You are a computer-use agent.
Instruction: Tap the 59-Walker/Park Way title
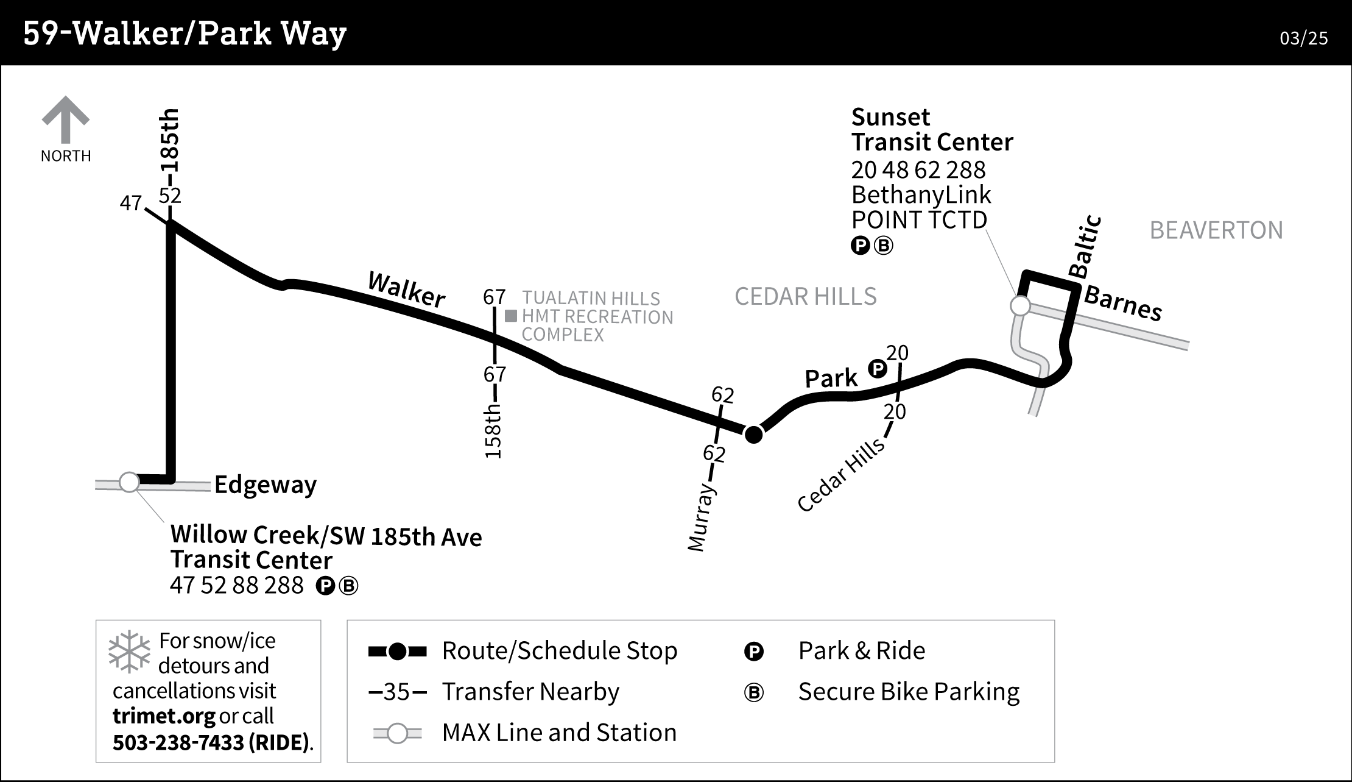tap(185, 34)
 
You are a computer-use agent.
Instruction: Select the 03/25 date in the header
tap(1303, 38)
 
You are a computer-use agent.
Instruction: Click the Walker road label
tap(406, 290)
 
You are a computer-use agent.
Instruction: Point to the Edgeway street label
tap(266, 485)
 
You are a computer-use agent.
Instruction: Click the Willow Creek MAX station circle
tap(129, 482)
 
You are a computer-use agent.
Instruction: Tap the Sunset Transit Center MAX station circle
tap(1020, 305)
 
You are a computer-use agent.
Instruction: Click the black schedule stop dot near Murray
tap(754, 434)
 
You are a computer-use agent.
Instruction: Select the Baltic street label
tap(1086, 246)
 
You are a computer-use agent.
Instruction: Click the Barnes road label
tap(1123, 304)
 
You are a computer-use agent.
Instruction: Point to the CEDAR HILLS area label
tap(805, 297)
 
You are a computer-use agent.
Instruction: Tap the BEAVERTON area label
tap(1216, 230)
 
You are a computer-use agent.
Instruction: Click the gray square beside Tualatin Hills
tap(511, 316)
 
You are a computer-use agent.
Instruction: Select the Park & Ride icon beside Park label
tap(877, 368)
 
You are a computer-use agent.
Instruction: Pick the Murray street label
tap(701, 517)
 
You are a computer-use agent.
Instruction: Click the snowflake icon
tap(129, 652)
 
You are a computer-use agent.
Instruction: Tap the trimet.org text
tap(163, 716)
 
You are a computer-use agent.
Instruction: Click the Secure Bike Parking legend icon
tap(753, 693)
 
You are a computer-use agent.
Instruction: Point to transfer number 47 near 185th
tap(131, 203)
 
